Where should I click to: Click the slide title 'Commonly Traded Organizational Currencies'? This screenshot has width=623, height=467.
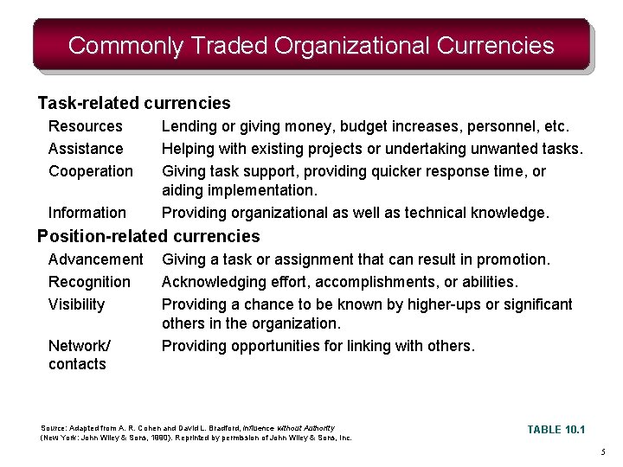coord(311,45)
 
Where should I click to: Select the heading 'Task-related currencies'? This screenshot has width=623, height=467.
coord(134,104)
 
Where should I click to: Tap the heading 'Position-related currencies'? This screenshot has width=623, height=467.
coord(148,236)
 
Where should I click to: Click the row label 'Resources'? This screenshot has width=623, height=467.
coord(86,126)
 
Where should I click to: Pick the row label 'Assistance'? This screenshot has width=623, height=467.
coord(86,149)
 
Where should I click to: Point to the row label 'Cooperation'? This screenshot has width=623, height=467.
coord(91,171)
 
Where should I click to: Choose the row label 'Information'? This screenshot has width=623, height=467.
coord(87,213)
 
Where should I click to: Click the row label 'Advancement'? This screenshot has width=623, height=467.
coord(96,259)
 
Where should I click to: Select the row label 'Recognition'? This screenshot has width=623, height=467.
coord(89,282)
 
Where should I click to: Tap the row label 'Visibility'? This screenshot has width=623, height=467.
coord(76,304)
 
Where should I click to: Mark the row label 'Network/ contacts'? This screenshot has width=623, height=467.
coord(79,355)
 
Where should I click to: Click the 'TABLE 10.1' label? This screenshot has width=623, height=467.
coord(556,430)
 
